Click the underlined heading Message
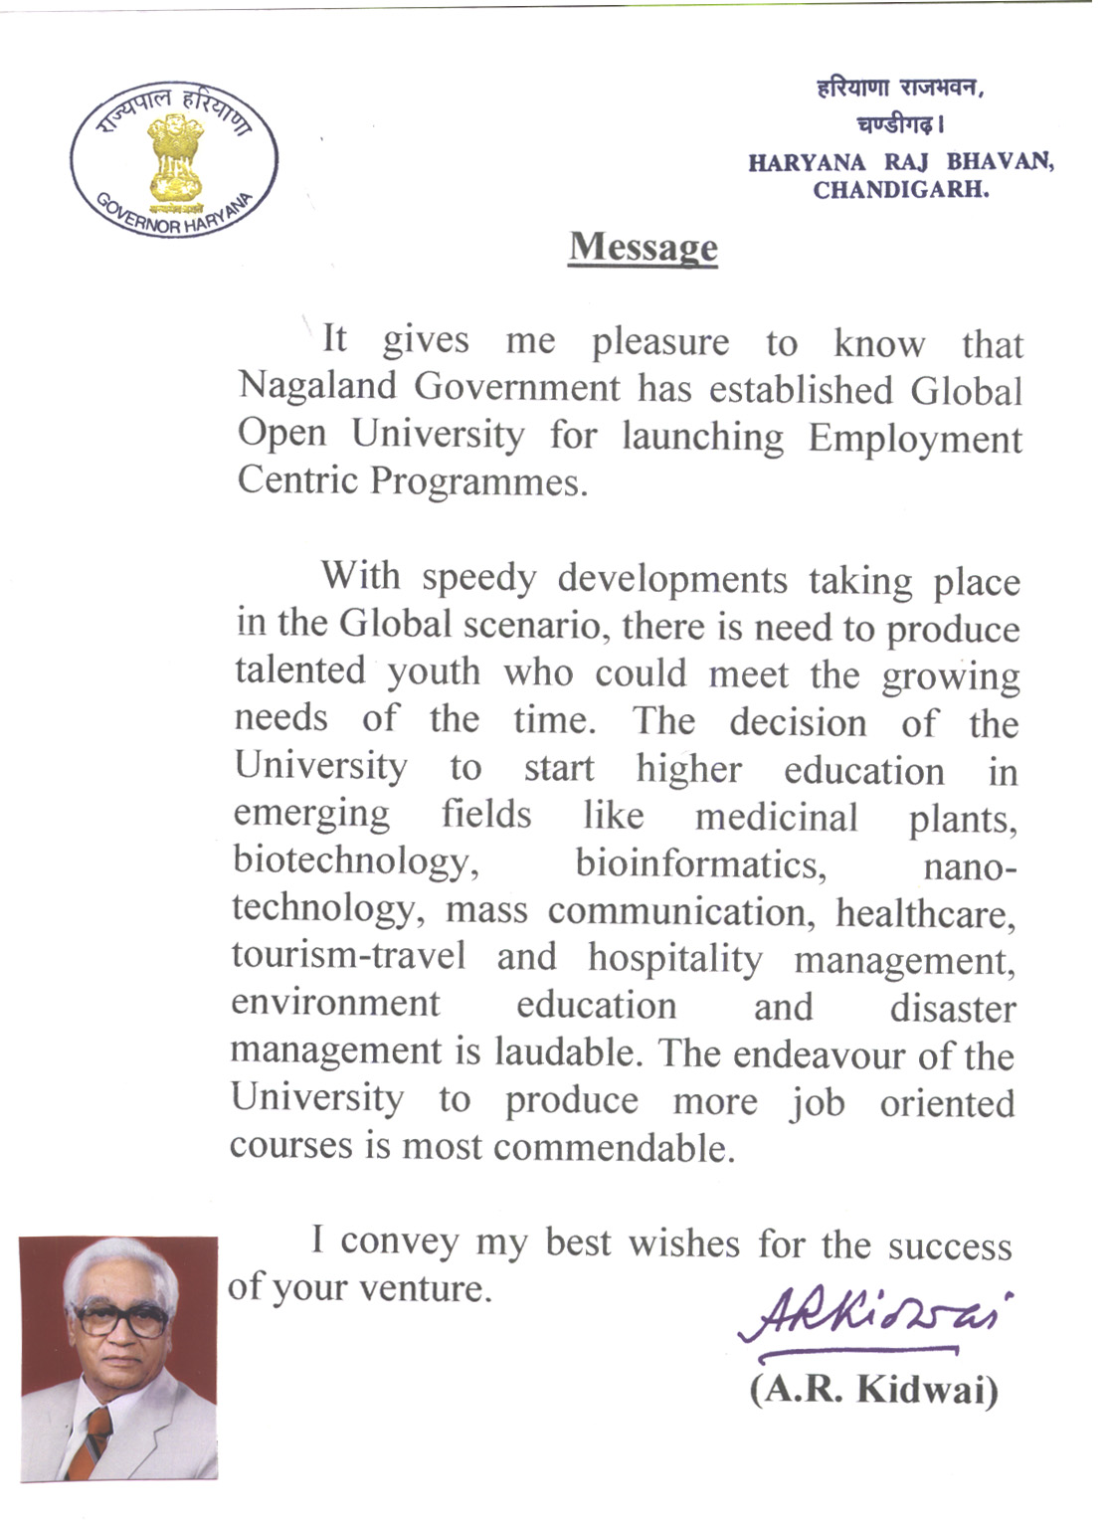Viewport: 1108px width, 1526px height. pyautogui.click(x=643, y=247)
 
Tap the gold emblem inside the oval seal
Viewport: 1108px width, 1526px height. pyautogui.click(x=176, y=156)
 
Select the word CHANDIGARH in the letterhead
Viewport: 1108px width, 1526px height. pyautogui.click(x=901, y=189)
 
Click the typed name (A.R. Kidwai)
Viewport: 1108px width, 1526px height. pyautogui.click(x=873, y=1389)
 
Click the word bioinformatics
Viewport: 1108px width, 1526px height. pyautogui.click(x=701, y=863)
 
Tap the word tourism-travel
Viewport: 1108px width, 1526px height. pyautogui.click(x=348, y=955)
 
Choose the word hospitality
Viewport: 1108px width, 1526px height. pyautogui.click(x=675, y=958)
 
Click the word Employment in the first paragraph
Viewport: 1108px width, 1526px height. pyautogui.click(x=914, y=438)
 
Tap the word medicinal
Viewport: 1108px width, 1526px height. pyautogui.click(x=776, y=818)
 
